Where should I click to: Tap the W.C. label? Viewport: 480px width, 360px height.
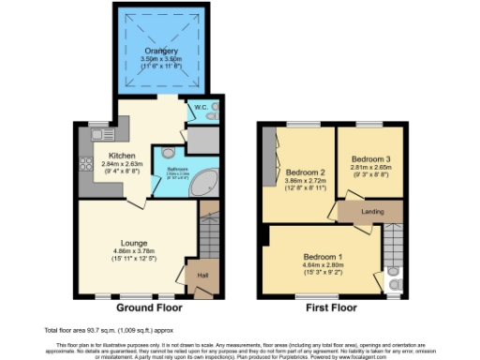[199, 108]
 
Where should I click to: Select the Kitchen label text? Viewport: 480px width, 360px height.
[122, 156]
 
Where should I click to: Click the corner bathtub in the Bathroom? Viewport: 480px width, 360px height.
[202, 184]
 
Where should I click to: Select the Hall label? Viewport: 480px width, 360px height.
[202, 275]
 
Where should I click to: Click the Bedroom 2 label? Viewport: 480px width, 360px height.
[306, 173]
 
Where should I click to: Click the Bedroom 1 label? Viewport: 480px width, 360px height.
[323, 256]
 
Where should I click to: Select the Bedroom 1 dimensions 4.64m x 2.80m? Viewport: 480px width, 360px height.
[323, 265]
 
